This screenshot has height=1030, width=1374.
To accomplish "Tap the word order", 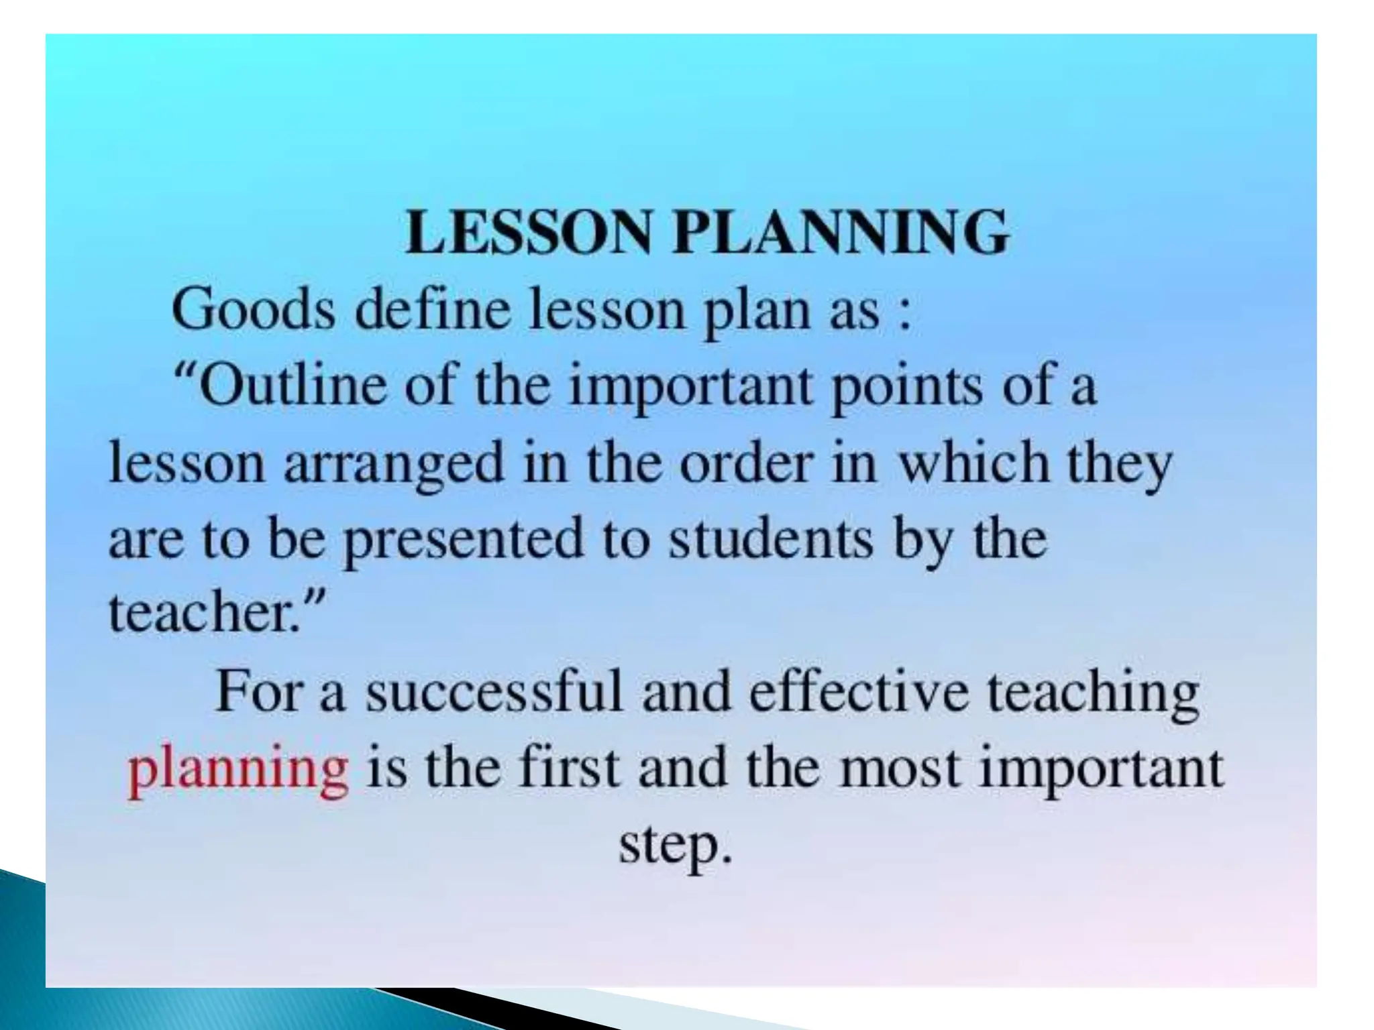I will pos(745,463).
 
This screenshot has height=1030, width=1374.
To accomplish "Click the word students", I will pos(772,538).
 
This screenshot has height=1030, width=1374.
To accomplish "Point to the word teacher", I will pos(198,613).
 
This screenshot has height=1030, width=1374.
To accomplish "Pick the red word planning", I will pos(238,770).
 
